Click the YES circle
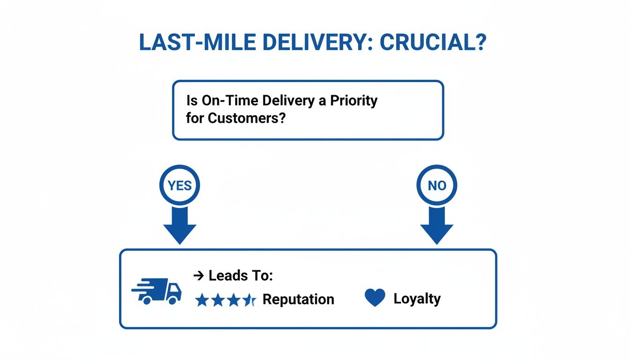pyautogui.click(x=180, y=186)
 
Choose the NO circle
pyautogui.click(x=436, y=186)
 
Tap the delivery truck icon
pyautogui.click(x=157, y=291)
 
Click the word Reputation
pyautogui.click(x=298, y=300)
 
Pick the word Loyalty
pyautogui.click(x=417, y=299)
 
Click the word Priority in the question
pyautogui.click(x=353, y=101)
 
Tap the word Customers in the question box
pyautogui.click(x=247, y=118)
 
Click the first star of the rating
pyautogui.click(x=202, y=300)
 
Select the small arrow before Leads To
pyautogui.click(x=198, y=276)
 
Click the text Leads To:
pyautogui.click(x=240, y=276)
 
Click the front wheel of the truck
pyautogui.click(x=173, y=300)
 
